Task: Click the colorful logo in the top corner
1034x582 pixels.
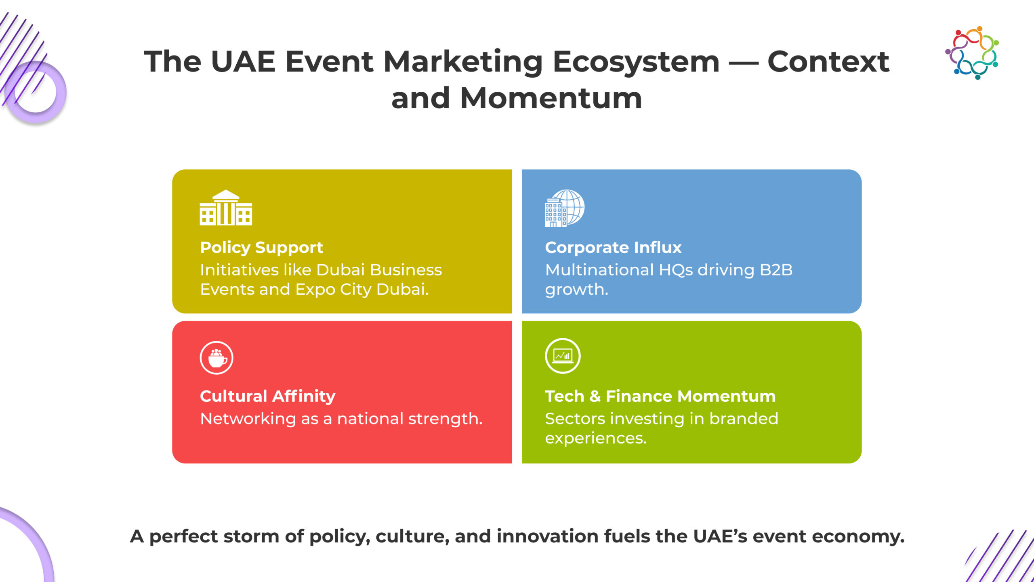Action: (x=972, y=53)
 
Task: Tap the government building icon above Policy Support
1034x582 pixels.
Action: (x=226, y=207)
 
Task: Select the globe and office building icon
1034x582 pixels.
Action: (x=564, y=208)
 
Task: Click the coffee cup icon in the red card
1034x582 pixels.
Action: (x=216, y=358)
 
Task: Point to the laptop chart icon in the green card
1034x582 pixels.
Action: (x=563, y=356)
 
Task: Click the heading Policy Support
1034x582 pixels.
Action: (x=261, y=248)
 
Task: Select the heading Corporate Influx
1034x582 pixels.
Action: (x=613, y=247)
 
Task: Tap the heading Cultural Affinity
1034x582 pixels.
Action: (x=267, y=396)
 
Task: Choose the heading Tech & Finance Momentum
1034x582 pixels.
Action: (x=660, y=396)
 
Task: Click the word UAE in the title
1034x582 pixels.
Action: (x=243, y=61)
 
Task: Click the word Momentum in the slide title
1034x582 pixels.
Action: (x=551, y=98)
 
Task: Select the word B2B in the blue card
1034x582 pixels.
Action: (x=776, y=270)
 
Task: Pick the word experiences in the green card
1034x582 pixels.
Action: (x=596, y=439)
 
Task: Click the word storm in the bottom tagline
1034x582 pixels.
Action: (x=251, y=536)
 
